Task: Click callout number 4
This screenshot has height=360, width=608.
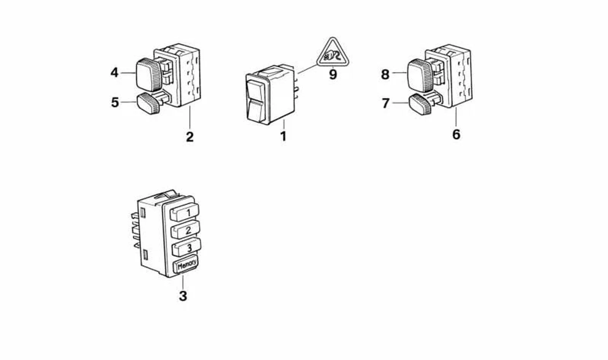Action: pos(114,73)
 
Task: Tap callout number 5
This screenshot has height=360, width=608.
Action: pos(115,102)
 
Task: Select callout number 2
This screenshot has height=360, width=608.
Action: pos(190,137)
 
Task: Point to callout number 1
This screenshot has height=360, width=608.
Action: pos(283,136)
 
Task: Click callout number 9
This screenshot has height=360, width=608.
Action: pos(333,74)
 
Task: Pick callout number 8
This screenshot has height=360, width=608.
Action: pos(385,74)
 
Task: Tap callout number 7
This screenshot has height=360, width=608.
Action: pos(386,104)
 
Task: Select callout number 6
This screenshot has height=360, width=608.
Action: pos(456,134)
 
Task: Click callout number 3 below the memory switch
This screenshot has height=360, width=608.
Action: pos(183,296)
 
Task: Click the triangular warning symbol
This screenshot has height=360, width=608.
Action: pos(333,53)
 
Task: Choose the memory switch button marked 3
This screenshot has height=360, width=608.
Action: pos(187,247)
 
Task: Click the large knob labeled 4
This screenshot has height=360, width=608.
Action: pos(148,74)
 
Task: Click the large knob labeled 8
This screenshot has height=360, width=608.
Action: pos(420,75)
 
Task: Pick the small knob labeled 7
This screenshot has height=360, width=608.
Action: pos(420,104)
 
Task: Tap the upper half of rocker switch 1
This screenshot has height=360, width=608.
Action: pos(255,91)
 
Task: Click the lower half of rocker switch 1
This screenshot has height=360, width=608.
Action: pos(255,110)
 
